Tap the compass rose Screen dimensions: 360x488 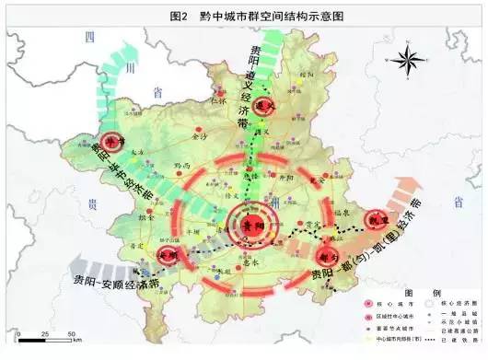[x=405, y=63]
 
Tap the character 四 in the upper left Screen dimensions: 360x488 [x=90, y=35]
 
